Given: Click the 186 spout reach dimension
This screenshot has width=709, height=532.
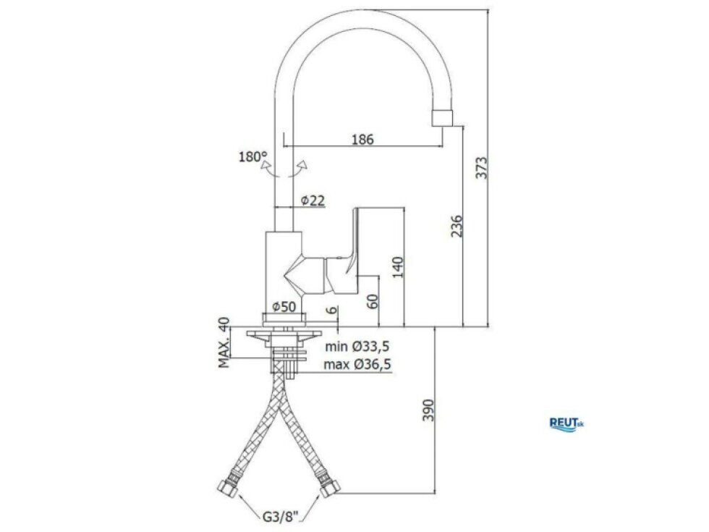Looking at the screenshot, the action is (x=362, y=139).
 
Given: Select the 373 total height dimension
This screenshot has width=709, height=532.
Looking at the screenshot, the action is (x=483, y=168).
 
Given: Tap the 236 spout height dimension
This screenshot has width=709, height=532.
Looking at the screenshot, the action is (x=457, y=226).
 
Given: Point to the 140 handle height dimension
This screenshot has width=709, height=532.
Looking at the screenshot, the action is (x=397, y=267).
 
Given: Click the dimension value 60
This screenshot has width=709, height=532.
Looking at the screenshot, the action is (x=372, y=301).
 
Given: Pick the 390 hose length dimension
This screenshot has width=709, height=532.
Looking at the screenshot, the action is (x=428, y=410).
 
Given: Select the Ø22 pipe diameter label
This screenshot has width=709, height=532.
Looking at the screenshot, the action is (x=313, y=200).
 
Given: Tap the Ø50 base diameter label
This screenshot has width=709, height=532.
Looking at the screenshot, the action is (x=284, y=307).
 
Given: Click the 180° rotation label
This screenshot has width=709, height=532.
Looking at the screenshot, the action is (x=252, y=157).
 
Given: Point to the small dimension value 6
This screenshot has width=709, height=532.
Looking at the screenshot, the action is (x=332, y=311).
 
